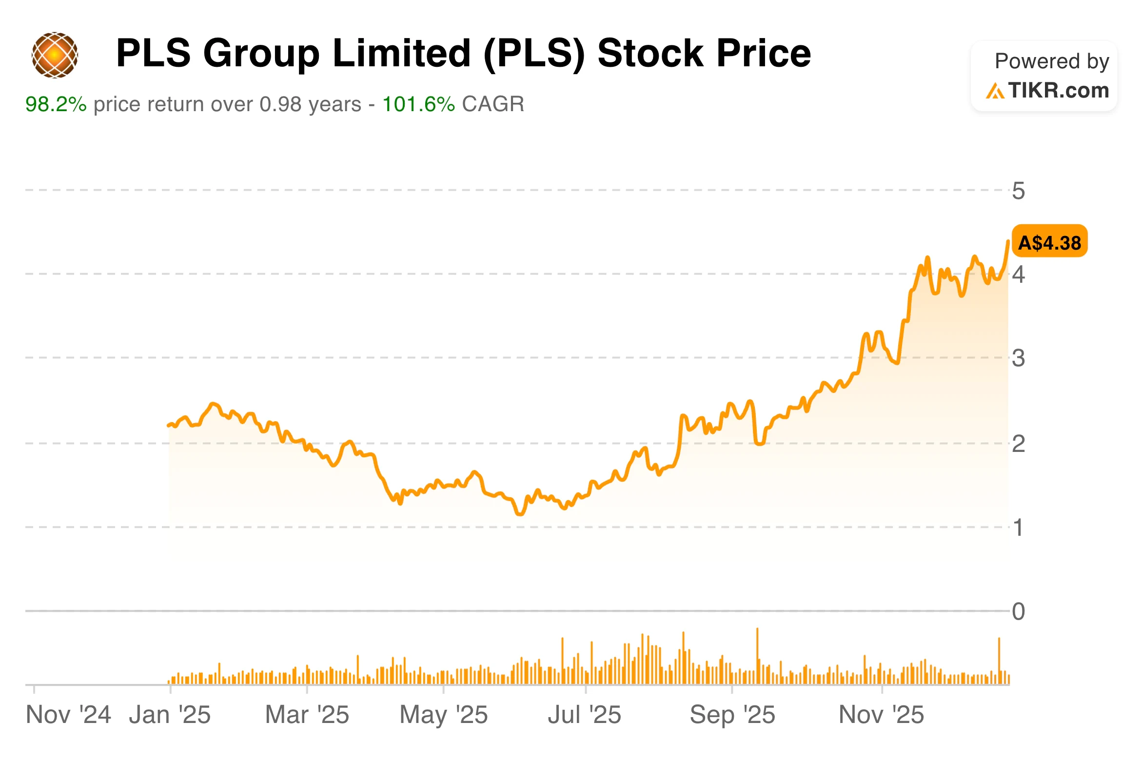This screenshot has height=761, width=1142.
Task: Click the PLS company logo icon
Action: pos(55,55)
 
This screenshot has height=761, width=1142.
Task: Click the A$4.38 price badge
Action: pos(1049,242)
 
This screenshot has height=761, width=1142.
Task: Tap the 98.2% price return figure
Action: pos(56,104)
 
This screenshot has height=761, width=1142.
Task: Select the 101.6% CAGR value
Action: pos(418,104)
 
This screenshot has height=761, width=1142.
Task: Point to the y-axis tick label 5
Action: pos(1018,191)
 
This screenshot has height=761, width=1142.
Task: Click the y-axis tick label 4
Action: pos(1018,275)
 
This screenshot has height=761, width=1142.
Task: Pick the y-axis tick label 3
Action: pos(1018,359)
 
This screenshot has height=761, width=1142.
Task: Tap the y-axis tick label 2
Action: pos(1018,444)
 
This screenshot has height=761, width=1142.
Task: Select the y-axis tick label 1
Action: pos(1018,528)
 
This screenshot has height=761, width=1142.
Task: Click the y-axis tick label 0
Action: pos(1018,612)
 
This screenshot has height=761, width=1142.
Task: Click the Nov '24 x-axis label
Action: pos(68,715)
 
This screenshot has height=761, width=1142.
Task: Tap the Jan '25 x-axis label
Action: pos(170,715)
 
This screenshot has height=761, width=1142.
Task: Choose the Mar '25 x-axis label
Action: pos(307,715)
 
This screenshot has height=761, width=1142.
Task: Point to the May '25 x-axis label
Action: pos(444,715)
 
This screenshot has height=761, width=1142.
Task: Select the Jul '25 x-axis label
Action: pos(585,715)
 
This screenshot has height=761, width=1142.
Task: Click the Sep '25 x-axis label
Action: pos(732,715)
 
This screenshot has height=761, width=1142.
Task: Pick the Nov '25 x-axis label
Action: pos(881,715)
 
